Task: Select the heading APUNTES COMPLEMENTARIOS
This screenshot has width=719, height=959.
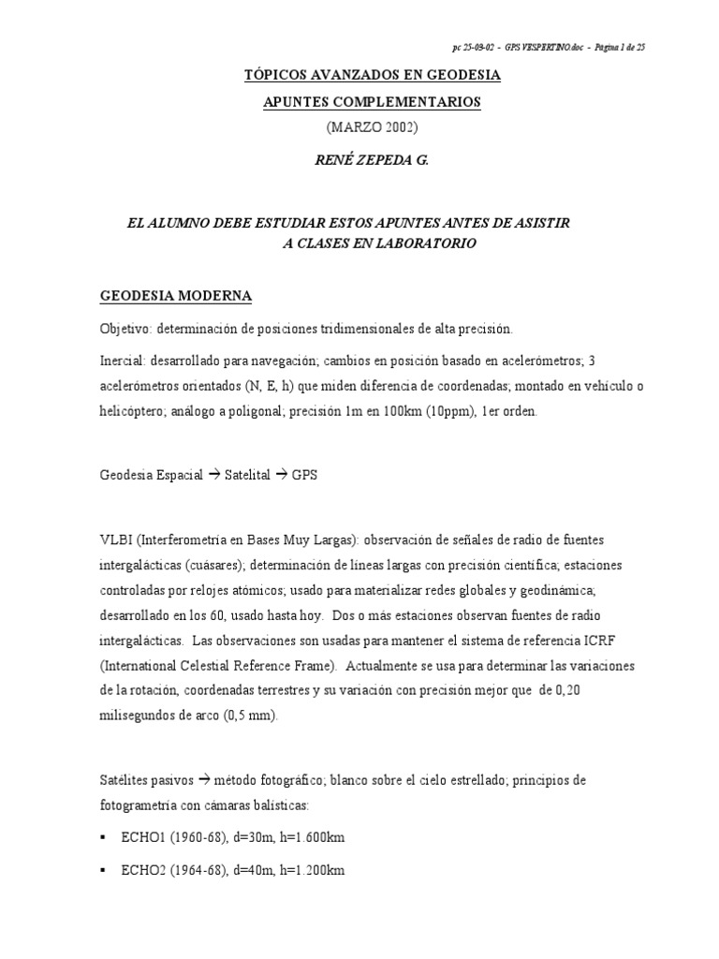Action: click(x=372, y=101)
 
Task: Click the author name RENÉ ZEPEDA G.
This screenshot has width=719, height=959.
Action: click(x=372, y=160)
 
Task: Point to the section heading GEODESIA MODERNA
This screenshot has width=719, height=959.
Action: click(x=176, y=296)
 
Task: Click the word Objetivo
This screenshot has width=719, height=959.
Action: click(x=126, y=329)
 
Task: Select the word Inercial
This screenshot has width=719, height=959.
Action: click(x=124, y=360)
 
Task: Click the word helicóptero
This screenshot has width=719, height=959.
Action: click(x=132, y=412)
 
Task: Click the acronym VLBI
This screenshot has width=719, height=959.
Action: click(x=116, y=539)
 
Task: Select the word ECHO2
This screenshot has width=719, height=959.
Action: click(x=143, y=870)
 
